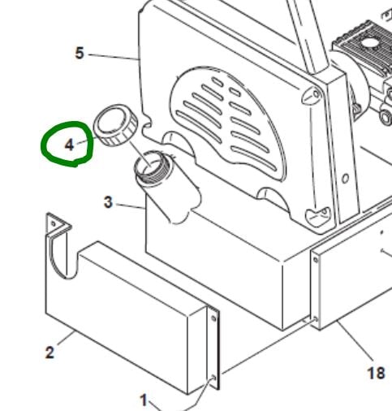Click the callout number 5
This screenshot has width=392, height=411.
tap(80, 53)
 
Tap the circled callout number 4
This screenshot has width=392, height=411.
tap(69, 145)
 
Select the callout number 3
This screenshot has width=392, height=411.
tap(108, 202)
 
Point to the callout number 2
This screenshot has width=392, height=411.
tap(50, 353)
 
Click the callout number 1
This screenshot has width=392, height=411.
tap(144, 400)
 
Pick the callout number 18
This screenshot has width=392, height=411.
tap(376, 373)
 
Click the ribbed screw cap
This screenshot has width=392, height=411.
tap(115, 125)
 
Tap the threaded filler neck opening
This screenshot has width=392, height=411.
tap(150, 165)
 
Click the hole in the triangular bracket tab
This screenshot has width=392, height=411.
tap(54, 224)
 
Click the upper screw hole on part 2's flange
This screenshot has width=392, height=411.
tap(213, 318)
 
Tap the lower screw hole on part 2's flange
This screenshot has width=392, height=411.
tap(213, 378)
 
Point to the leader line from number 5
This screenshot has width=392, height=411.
tap(114, 58)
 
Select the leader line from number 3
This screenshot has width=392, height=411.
tap(131, 205)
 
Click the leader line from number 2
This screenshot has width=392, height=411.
tap(67, 338)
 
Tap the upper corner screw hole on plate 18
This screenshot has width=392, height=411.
tap(316, 260)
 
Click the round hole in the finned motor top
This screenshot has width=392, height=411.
tap(368, 43)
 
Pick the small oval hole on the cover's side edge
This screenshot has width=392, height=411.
tap(345, 179)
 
